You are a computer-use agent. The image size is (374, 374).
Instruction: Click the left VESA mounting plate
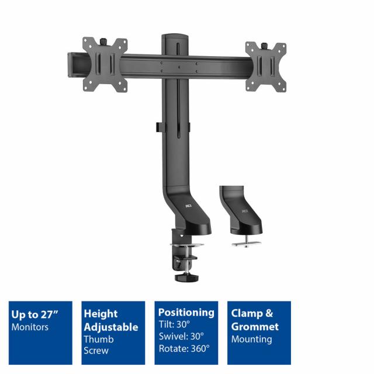point(105,65)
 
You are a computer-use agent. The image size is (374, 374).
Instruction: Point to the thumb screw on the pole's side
point(158,126)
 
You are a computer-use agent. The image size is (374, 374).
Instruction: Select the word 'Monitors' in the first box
point(30,327)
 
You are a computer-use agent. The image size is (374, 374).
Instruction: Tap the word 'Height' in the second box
point(101,314)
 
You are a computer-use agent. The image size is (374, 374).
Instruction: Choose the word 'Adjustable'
point(111,327)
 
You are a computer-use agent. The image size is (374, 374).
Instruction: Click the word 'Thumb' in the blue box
point(98,339)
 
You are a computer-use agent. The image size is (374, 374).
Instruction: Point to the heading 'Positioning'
point(186,312)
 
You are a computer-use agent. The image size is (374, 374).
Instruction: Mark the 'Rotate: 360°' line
point(184,349)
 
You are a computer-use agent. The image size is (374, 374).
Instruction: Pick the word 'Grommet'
point(255,327)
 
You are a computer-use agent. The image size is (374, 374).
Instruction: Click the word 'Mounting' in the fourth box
point(251,339)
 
